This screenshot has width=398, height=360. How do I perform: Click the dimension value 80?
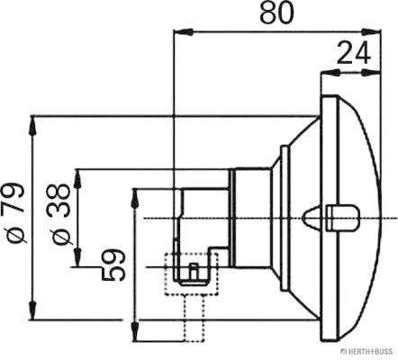pyautogui.click(x=276, y=13)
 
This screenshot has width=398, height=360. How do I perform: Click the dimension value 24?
pyautogui.click(x=353, y=53)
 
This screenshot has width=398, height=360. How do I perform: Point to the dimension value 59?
pyautogui.click(x=113, y=265)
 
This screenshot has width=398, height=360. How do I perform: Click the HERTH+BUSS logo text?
pyautogui.click(x=369, y=351)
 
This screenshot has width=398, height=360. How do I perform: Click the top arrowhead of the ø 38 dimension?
pyautogui.click(x=77, y=179)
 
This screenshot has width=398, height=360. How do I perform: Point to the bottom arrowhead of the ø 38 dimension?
pyautogui.click(x=77, y=256)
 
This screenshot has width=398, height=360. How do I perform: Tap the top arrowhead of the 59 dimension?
pyautogui.click(x=135, y=199)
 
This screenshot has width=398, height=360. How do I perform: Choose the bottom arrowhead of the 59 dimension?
pyautogui.click(x=136, y=331)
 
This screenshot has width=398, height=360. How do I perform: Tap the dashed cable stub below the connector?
pyautogui.click(x=194, y=318)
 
